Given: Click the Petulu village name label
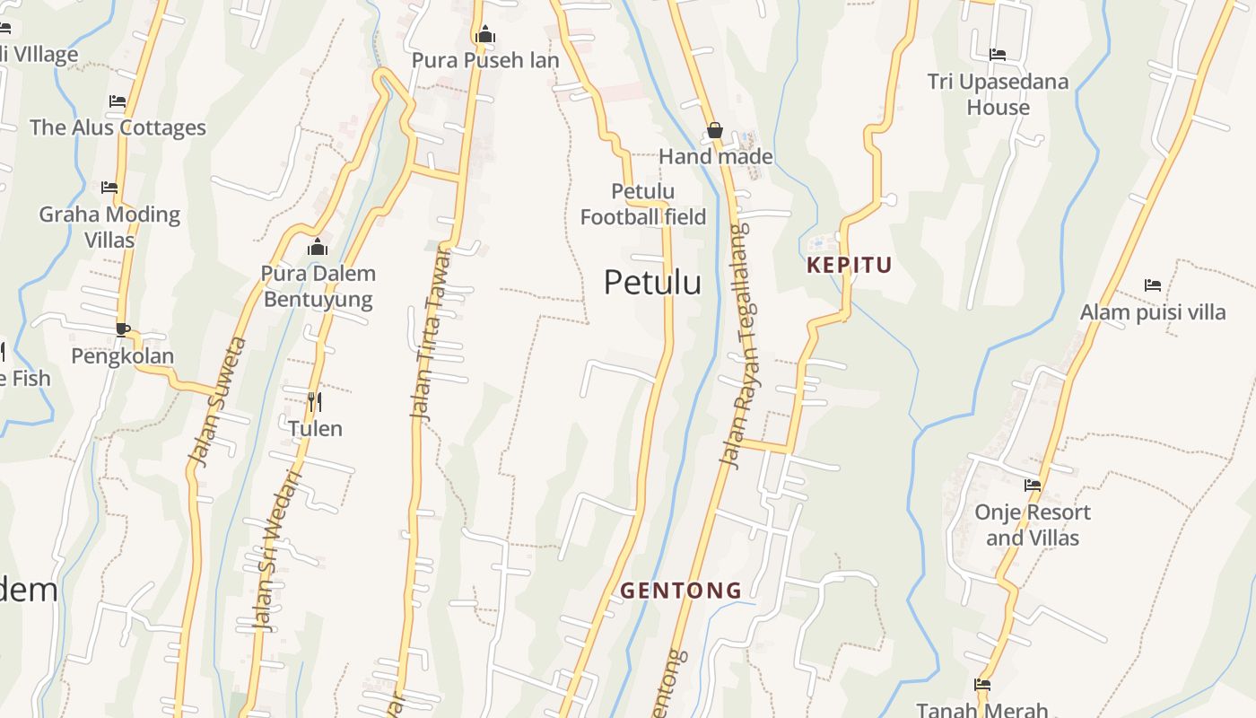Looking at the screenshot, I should pos(652,283).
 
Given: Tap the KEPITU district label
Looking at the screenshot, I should pos(850,265).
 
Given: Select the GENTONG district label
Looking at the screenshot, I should pos(681,591).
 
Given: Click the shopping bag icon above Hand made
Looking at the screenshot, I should pos(715,130).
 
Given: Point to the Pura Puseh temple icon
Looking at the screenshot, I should pos(485,35).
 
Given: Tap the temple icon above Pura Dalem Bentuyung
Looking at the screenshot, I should pos(317,248).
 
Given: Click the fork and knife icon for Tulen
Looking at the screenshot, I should pos(315,401).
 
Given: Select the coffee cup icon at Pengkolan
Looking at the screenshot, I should pos(122,329).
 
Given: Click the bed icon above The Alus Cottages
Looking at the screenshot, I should pos(118,101).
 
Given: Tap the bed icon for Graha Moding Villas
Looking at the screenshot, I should pos(109,188).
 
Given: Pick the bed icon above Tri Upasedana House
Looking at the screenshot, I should pos(998,55).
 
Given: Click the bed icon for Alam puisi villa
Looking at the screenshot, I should pos(1153,285).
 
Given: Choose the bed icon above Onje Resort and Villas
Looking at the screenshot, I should pos(1033,486).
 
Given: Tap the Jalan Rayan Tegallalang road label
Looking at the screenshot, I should pos(735,346).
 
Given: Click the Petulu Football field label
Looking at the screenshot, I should pos(642,204).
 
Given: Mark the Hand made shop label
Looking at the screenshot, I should pos(715,157).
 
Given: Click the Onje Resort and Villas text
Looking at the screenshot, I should pos(1033,525).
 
